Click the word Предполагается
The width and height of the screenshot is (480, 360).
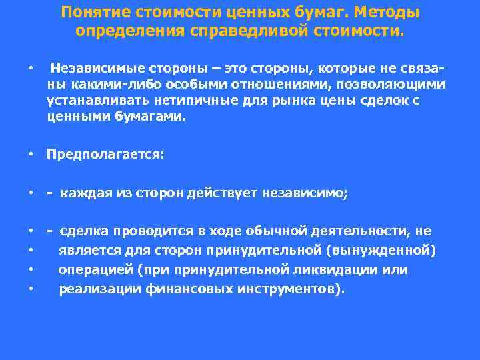coord(103,155)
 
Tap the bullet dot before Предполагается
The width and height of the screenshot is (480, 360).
coord(31,155)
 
